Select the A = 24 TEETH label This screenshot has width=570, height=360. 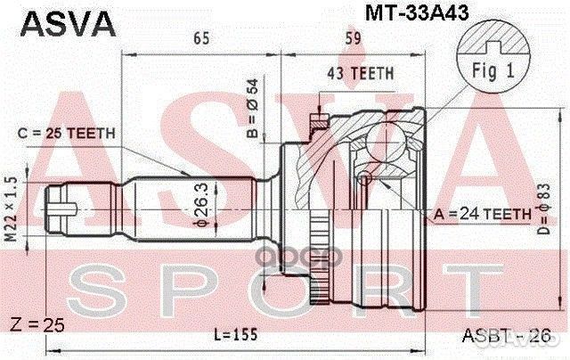coord(482,213)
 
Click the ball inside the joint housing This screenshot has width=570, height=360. coord(364,178)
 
